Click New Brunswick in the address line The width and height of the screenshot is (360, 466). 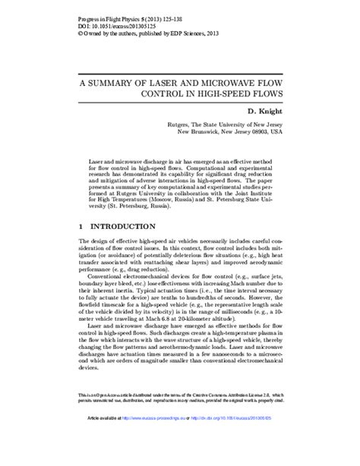point(199,131)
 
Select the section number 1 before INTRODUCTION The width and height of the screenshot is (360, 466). point(82,227)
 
